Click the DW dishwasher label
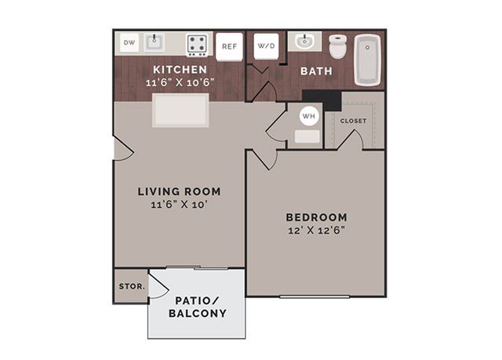tap(129, 42)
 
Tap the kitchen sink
tap(155, 42)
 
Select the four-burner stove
tap(197, 45)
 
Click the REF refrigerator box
tap(229, 47)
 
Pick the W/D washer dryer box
tap(267, 46)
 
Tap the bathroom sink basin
tap(304, 42)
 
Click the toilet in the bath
tap(338, 47)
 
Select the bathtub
tap(368, 60)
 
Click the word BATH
tap(316, 71)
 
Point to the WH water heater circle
tap(309, 116)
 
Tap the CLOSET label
tap(354, 121)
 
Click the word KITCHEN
tap(180, 70)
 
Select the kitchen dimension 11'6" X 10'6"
tap(180, 82)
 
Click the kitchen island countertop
tap(180, 111)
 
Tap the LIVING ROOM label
tap(180, 191)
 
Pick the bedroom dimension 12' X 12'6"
tap(316, 231)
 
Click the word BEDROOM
tap(316, 217)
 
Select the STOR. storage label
tap(132, 286)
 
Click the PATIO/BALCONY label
tap(198, 307)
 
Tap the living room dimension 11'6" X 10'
tap(180, 205)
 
